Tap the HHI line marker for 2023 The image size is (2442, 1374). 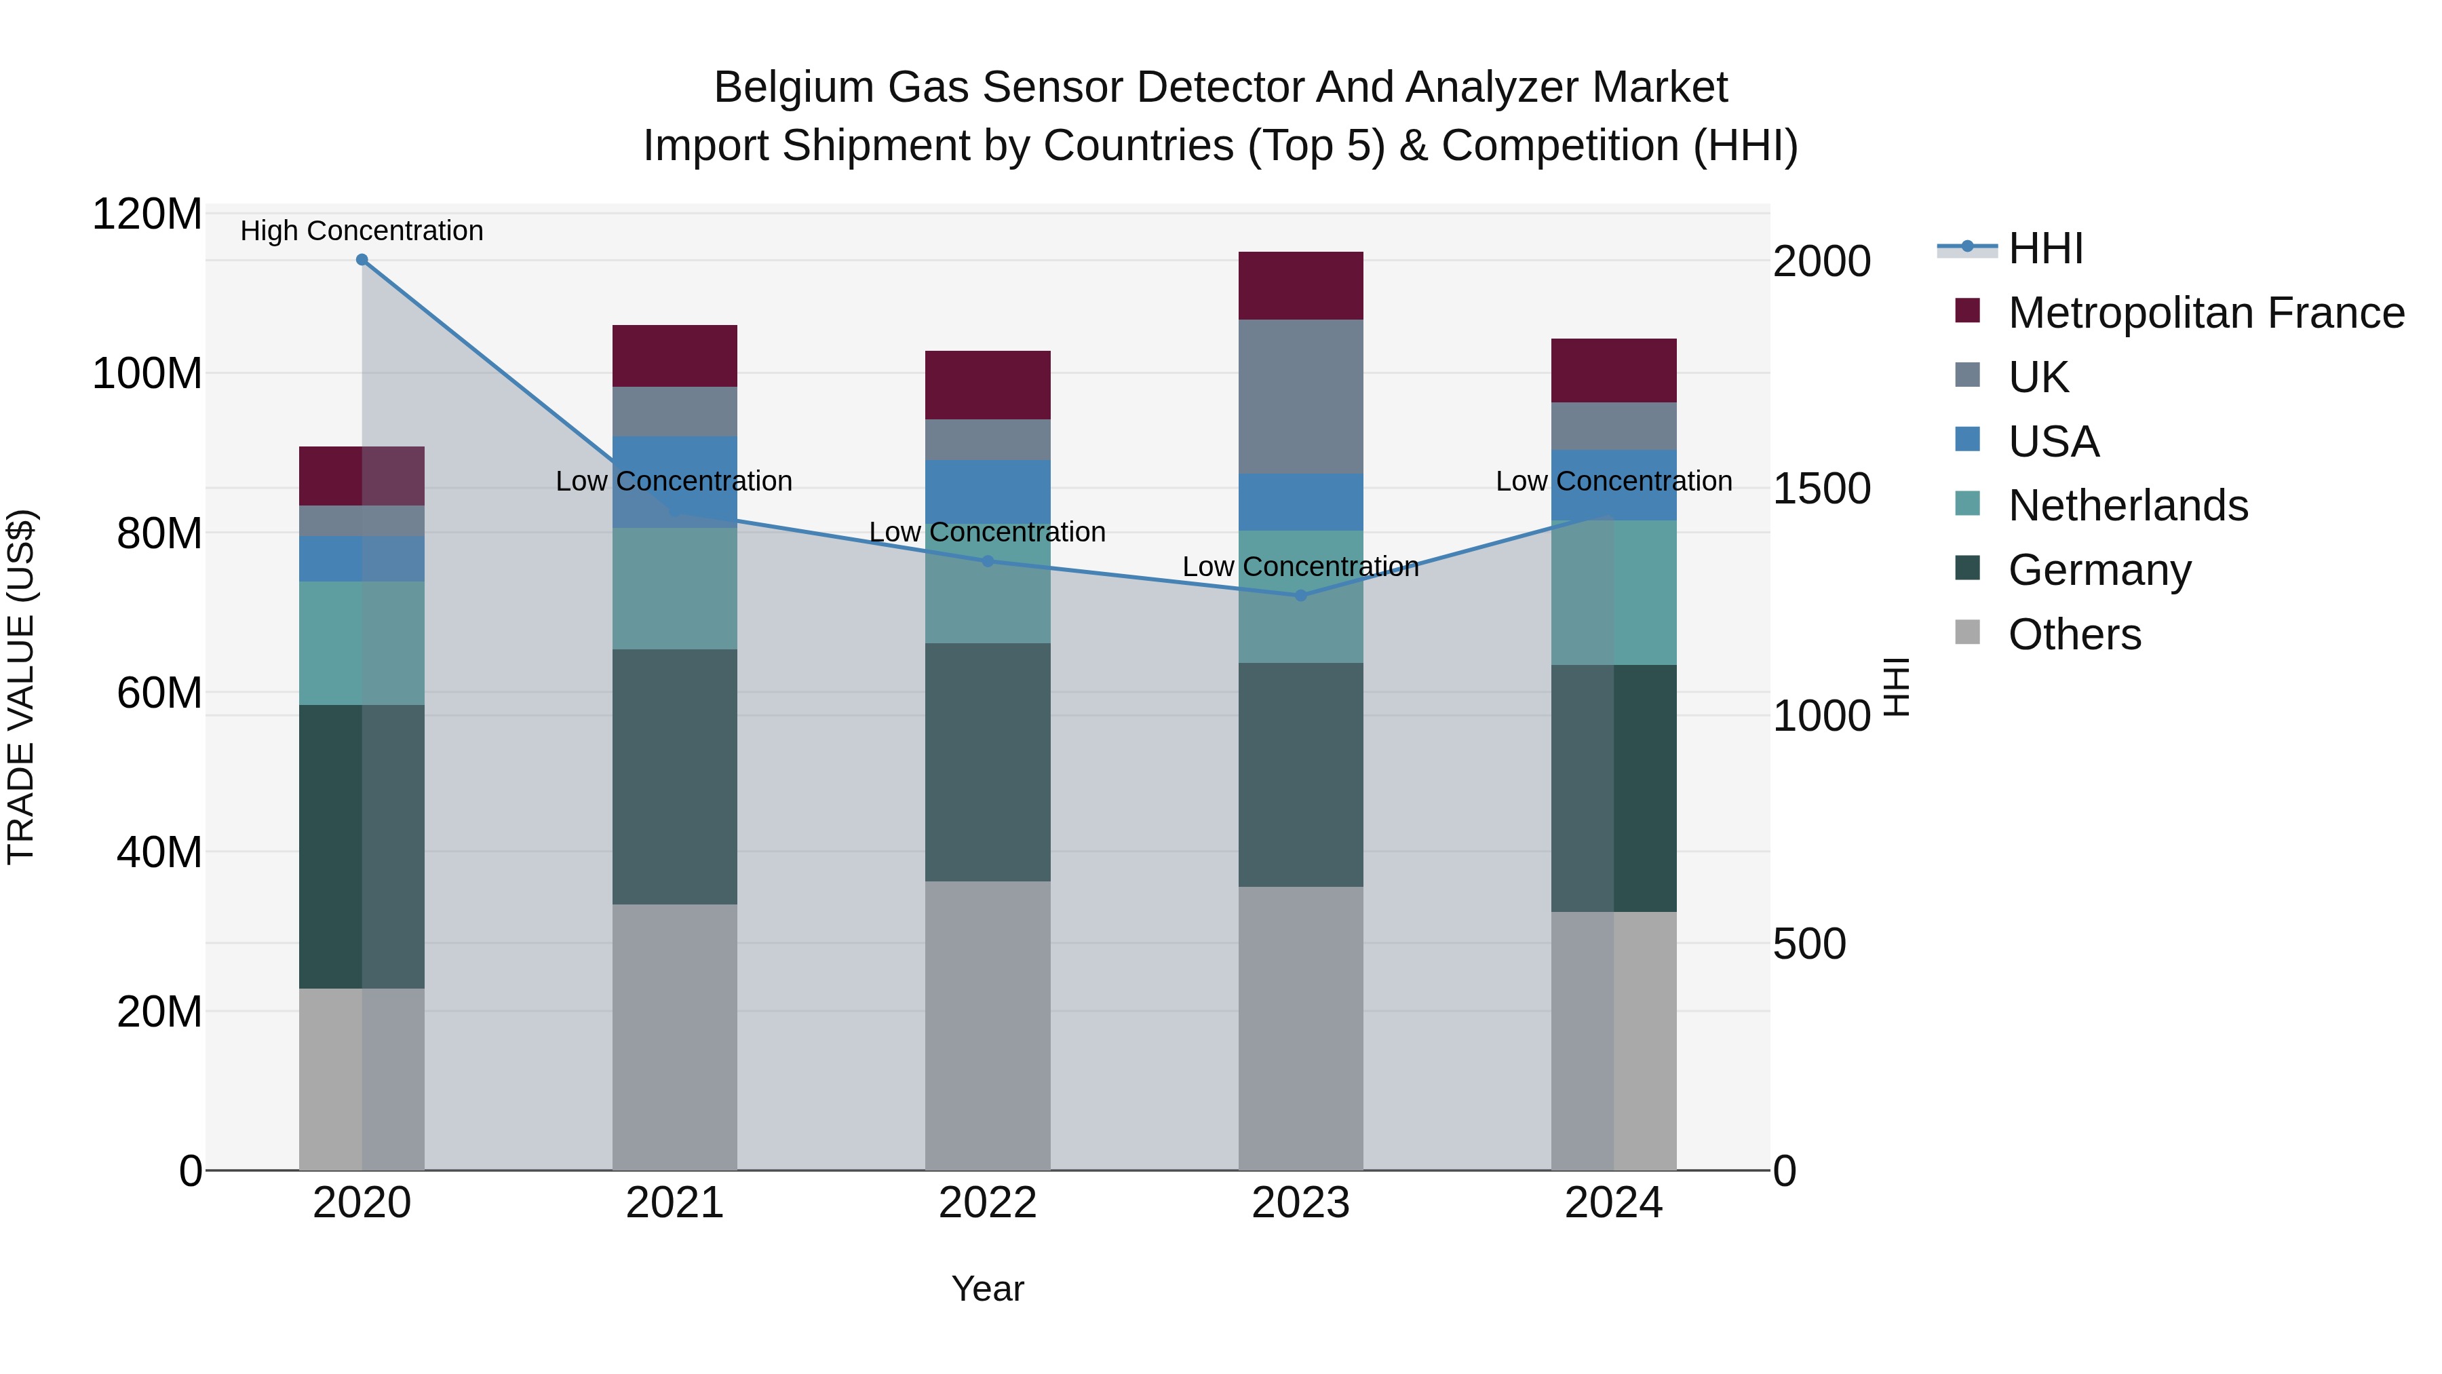(x=1300, y=596)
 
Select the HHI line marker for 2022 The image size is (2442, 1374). (x=987, y=561)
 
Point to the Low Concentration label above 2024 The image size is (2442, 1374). (x=1614, y=481)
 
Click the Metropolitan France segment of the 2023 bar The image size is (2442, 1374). (x=1300, y=286)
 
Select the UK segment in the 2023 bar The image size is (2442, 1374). (x=1300, y=396)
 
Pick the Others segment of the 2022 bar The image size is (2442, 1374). (x=987, y=1025)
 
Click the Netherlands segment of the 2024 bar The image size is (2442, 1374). (x=1614, y=592)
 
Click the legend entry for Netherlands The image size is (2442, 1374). (x=2127, y=505)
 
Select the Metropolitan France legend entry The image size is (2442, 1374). (x=2205, y=313)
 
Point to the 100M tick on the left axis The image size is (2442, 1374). (x=147, y=374)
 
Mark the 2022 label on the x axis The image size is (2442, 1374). (x=987, y=1203)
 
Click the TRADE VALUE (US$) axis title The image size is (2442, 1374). (x=22, y=687)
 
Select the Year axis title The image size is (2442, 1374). (x=987, y=1289)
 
